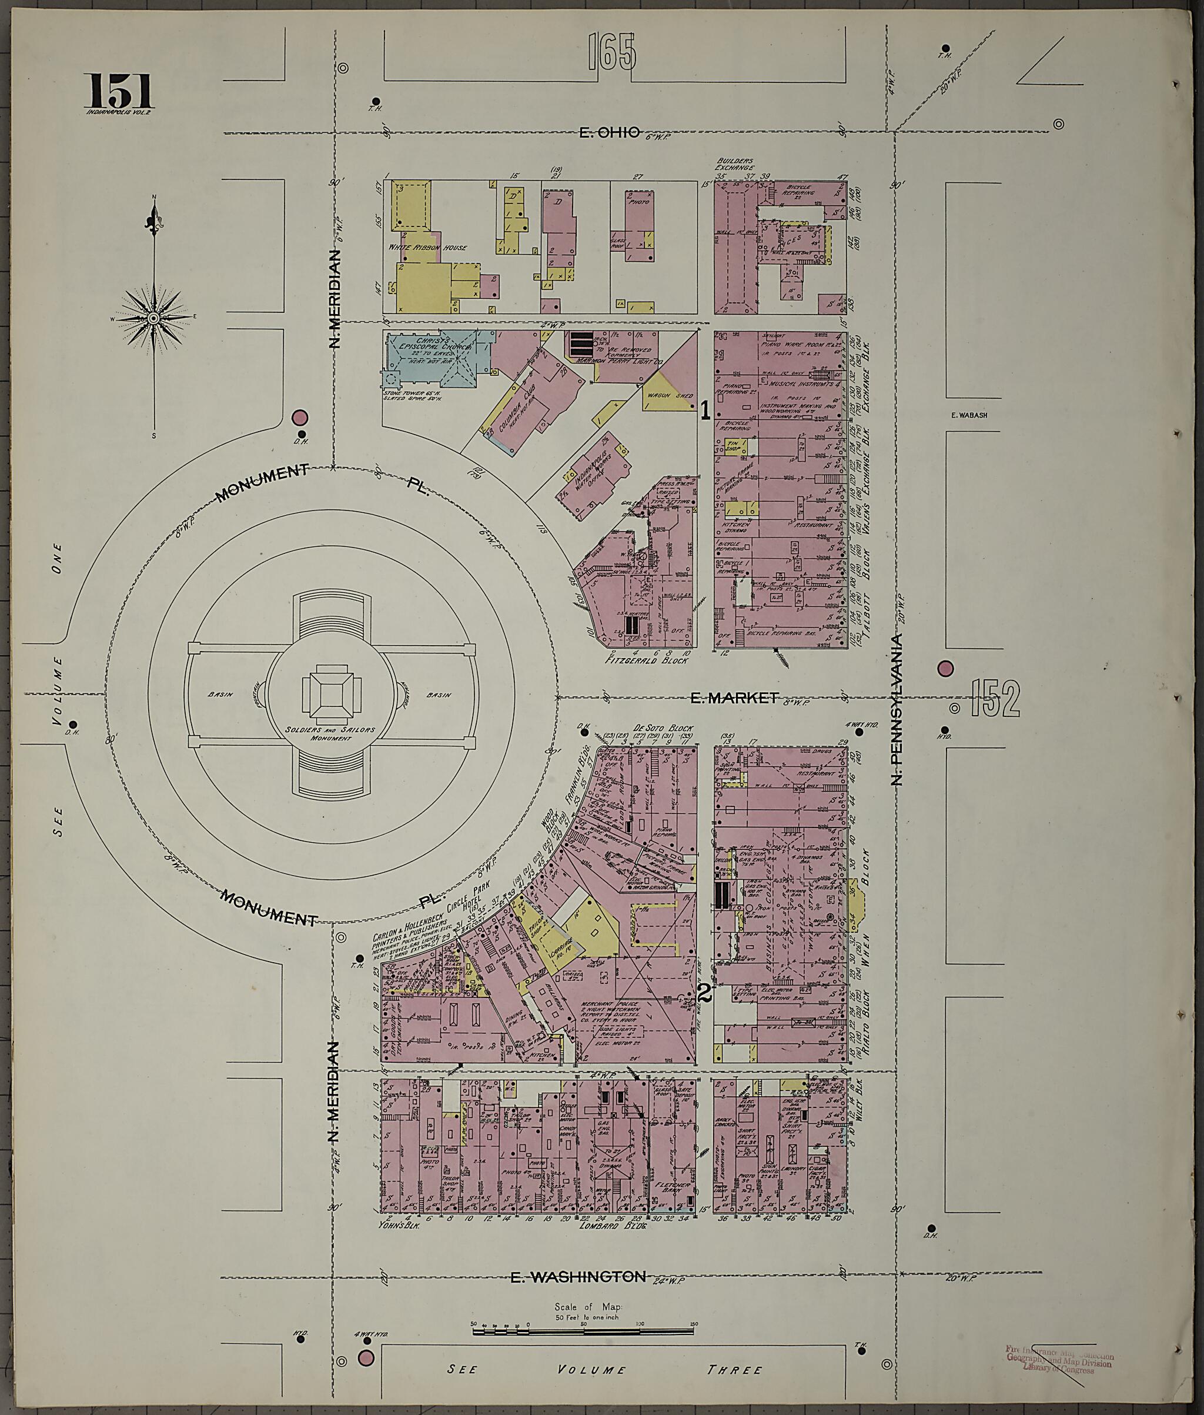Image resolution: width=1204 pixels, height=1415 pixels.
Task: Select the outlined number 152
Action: [x=997, y=699]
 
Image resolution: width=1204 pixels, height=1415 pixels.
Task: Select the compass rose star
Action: [x=153, y=318]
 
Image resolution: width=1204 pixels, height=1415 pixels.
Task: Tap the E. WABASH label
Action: [x=968, y=415]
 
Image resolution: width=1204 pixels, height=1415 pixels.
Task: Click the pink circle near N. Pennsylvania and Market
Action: [x=945, y=669]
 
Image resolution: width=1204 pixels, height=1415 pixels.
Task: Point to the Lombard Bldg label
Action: [x=612, y=1226]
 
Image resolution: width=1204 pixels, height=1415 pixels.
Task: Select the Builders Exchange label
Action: [x=735, y=165]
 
